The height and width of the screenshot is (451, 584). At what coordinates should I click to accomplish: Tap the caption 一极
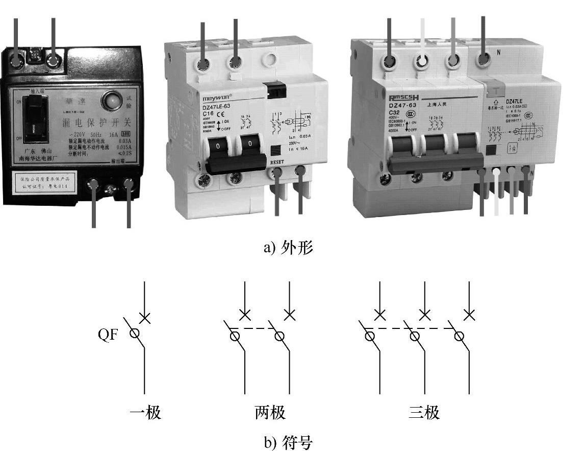coord(145,412)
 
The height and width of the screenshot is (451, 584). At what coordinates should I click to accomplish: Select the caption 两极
coord(270,412)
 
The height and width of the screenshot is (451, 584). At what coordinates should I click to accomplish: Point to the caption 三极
coord(424,412)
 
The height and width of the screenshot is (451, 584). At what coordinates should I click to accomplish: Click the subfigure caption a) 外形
coord(288,248)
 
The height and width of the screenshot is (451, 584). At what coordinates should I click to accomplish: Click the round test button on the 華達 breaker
coord(112,101)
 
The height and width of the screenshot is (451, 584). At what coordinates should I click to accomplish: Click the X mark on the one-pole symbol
coord(145,318)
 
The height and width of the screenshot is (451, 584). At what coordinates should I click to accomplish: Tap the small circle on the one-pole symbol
coord(134,334)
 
